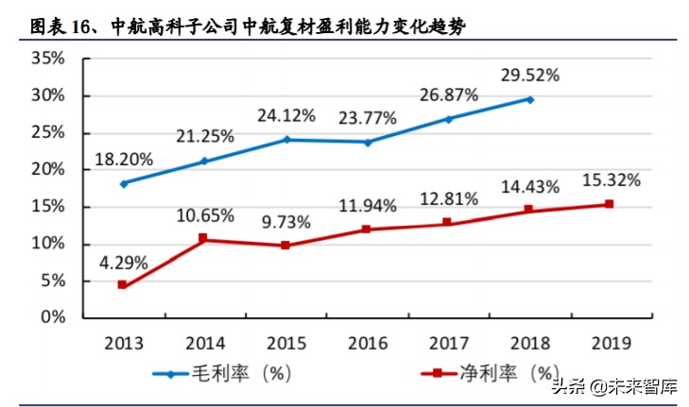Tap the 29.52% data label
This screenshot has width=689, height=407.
[529, 74]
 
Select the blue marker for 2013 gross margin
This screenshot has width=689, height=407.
[123, 183]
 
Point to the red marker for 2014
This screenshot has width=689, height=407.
[203, 238]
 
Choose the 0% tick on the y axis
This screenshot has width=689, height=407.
[53, 317]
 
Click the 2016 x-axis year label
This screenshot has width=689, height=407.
[366, 342]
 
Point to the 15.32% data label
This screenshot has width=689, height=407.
[610, 179]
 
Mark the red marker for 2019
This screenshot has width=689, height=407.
[610, 204]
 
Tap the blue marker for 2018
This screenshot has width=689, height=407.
[529, 99]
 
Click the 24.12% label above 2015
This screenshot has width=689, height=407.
[285, 116]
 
